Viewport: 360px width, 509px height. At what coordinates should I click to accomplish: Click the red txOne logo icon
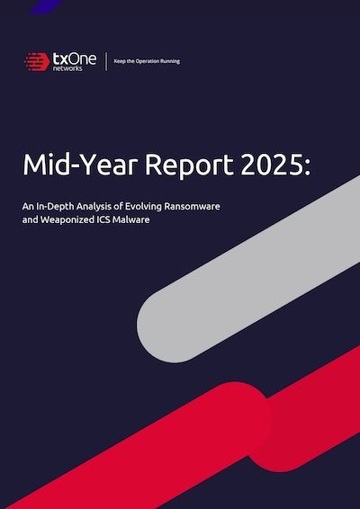37,62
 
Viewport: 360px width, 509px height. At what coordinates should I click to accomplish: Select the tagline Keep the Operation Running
147,62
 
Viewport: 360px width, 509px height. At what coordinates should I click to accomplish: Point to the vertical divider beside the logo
106,62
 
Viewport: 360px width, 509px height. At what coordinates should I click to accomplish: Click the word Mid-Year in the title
73,167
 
